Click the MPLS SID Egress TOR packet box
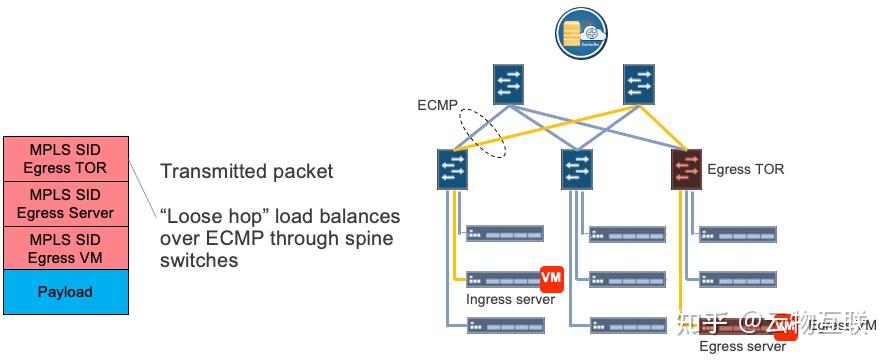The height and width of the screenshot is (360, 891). point(65,158)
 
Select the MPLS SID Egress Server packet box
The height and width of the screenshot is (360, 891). point(65,203)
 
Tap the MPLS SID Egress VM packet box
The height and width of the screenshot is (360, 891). point(65,248)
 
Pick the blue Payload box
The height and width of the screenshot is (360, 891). point(65,292)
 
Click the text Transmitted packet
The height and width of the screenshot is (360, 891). point(246,172)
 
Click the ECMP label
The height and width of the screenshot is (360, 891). point(436,105)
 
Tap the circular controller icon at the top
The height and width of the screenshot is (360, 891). point(578,31)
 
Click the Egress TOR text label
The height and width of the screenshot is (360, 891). point(745,170)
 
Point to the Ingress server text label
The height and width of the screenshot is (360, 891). point(510,299)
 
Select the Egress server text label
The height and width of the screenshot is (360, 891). point(742,347)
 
